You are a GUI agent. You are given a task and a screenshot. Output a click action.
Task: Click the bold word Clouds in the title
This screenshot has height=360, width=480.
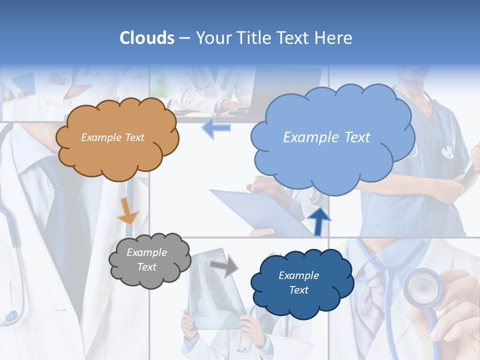tap(147, 38)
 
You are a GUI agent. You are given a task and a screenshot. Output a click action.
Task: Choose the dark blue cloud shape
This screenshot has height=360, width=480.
tap(298, 283)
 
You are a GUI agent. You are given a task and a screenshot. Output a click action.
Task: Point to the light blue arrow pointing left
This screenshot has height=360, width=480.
tap(216, 127)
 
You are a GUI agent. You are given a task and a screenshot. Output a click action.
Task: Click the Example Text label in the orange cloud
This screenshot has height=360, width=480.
tap(112, 137)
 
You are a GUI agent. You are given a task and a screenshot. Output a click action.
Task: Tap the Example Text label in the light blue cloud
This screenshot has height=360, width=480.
tap(326, 137)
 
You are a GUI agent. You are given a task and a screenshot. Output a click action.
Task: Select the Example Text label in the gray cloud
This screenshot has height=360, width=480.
tap(146, 260)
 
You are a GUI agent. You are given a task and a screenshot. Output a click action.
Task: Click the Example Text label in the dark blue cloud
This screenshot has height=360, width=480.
tap(298, 282)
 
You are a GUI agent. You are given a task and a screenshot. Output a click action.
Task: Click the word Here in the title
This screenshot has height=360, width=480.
tap(334, 38)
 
